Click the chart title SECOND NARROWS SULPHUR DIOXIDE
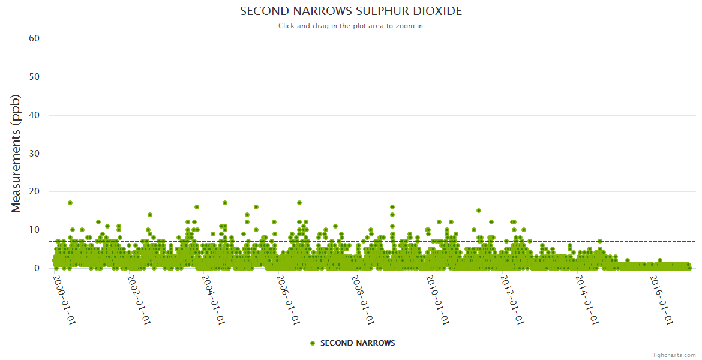[x=351, y=11]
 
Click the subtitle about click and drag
[x=351, y=26]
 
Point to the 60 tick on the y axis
[x=34, y=38]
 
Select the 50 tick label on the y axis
[x=34, y=77]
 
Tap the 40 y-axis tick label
[x=34, y=115]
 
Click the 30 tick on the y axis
[x=34, y=154]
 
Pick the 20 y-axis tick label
[x=34, y=192]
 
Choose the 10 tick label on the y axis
[x=34, y=230]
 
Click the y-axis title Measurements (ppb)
[x=16, y=153]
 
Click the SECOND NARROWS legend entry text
[x=358, y=343]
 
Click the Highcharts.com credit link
[x=673, y=355]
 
